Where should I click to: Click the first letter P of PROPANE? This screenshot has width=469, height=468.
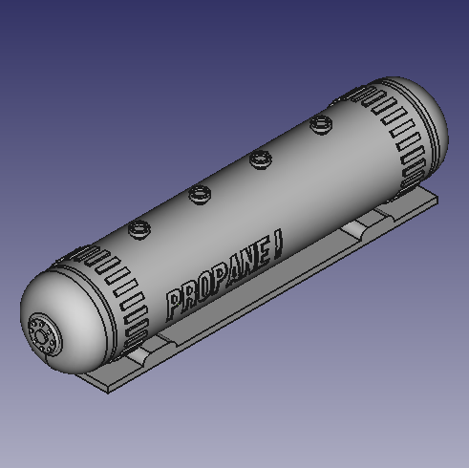tap(174, 305)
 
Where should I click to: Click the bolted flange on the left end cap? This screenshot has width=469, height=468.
tap(43, 335)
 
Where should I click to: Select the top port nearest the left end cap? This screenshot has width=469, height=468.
tap(139, 228)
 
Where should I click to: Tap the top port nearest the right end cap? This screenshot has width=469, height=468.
tap(321, 123)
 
